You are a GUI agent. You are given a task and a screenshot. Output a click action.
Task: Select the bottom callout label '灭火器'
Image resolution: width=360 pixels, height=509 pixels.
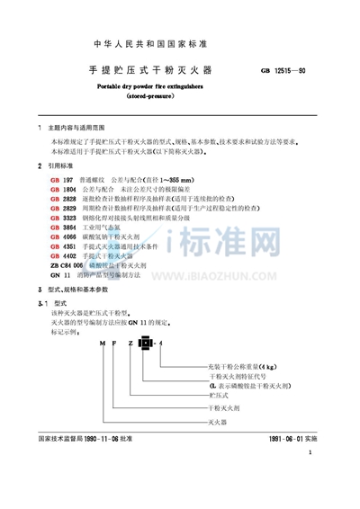218,419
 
